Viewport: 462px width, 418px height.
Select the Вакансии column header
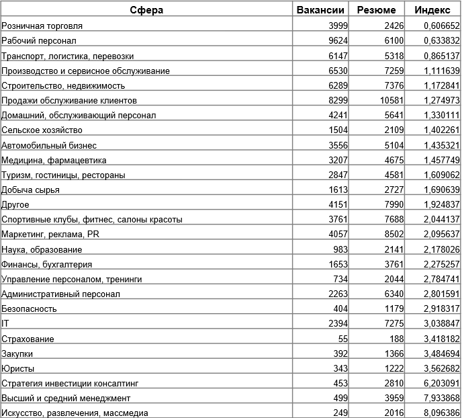[320, 10]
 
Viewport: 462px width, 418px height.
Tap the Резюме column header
[377, 10]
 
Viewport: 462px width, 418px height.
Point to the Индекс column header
[432, 10]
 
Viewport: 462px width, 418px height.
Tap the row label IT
[5, 324]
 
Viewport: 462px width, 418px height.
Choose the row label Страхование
[28, 339]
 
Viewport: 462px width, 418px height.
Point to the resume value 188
[396, 339]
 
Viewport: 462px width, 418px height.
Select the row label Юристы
[18, 368]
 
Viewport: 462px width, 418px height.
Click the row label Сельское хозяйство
[42, 130]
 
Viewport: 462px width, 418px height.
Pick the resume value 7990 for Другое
[394, 204]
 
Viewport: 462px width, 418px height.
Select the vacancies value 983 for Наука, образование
[340, 249]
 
